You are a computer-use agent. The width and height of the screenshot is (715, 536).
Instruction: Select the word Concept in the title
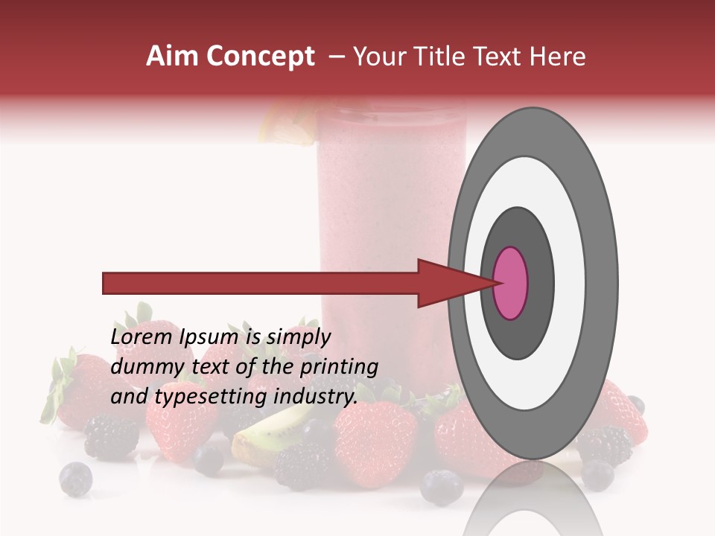coord(260,57)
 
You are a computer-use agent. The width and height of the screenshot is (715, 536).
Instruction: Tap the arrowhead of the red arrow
coord(448,283)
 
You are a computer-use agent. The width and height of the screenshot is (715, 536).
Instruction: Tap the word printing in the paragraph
coord(338,367)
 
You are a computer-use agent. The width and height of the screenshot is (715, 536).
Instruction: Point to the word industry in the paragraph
coord(314,396)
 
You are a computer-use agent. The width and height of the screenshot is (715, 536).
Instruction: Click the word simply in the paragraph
coord(297,337)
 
